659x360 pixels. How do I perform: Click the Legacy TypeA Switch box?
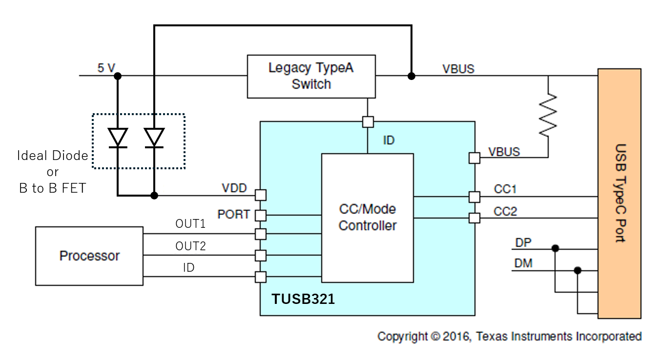point(311,76)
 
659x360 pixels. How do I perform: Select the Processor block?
point(89,256)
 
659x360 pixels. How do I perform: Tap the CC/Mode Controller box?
point(367,218)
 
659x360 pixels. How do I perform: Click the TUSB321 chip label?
point(303,299)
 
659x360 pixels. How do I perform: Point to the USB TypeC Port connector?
point(619,193)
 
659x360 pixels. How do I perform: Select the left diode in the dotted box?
point(118,138)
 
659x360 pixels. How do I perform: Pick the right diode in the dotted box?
point(154,138)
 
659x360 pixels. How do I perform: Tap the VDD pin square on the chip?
point(261,195)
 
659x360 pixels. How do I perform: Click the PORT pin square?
point(261,215)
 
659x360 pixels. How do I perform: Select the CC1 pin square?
point(474,197)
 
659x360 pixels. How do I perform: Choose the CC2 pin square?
point(474,218)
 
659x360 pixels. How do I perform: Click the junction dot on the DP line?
point(555,248)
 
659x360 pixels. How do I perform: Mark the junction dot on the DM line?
point(577,270)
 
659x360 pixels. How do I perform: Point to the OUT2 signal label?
point(190,246)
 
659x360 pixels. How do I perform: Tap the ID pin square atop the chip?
point(367,121)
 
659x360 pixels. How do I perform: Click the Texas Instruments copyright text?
point(509,337)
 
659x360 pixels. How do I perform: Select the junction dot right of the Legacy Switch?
point(412,76)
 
